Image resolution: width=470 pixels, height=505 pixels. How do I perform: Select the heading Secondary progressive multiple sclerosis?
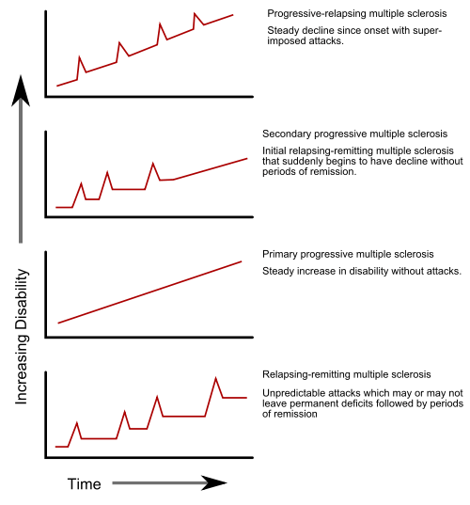pos(354,134)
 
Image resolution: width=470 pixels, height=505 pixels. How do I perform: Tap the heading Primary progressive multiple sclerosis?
pos(348,255)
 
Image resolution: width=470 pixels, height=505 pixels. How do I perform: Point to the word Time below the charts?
pos(84,483)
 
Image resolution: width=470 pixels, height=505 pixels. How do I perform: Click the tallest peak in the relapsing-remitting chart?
pos(216,378)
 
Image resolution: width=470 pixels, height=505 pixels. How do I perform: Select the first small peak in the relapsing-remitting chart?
pos(77,423)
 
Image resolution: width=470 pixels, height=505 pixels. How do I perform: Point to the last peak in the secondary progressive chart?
pos(153,163)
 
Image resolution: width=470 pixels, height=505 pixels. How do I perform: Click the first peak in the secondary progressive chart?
pos(82,182)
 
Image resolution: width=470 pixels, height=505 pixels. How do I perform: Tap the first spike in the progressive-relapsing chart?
pos(79,56)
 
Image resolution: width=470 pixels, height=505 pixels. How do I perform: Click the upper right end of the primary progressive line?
pos(243,262)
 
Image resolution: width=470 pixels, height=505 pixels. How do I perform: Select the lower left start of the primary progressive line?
pos(58,323)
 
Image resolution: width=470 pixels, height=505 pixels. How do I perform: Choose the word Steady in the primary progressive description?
pos(279,271)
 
